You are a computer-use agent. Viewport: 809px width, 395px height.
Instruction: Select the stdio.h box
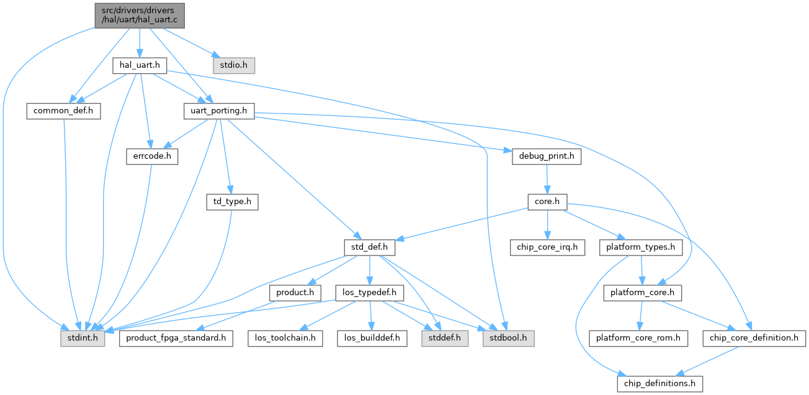click(233, 64)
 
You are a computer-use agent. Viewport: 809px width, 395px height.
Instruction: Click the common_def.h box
click(63, 111)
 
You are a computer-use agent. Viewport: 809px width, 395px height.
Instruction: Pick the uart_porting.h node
click(215, 111)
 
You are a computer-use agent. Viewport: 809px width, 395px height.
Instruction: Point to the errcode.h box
click(152, 157)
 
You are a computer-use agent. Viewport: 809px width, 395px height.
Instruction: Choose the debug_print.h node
click(547, 157)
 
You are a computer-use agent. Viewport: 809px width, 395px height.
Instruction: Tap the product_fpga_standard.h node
click(176, 339)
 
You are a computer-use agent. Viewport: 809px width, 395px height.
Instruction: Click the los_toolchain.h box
click(285, 339)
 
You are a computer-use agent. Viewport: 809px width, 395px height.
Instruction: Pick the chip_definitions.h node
click(659, 384)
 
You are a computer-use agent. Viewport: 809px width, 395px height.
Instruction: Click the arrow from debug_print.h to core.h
click(547, 180)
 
